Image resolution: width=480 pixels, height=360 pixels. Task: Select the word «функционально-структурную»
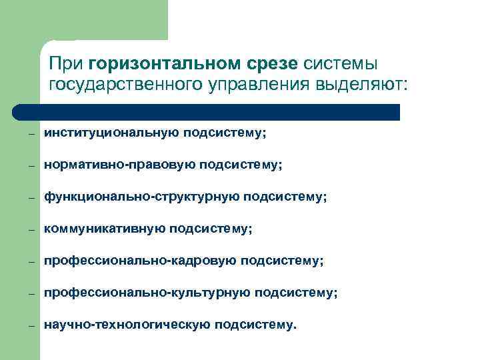141,197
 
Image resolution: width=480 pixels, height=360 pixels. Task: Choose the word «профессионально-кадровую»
139,261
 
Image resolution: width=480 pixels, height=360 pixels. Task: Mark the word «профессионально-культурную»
147,292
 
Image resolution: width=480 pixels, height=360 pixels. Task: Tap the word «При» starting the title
65,65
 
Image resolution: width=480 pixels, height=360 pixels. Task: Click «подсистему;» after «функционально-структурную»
285,197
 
